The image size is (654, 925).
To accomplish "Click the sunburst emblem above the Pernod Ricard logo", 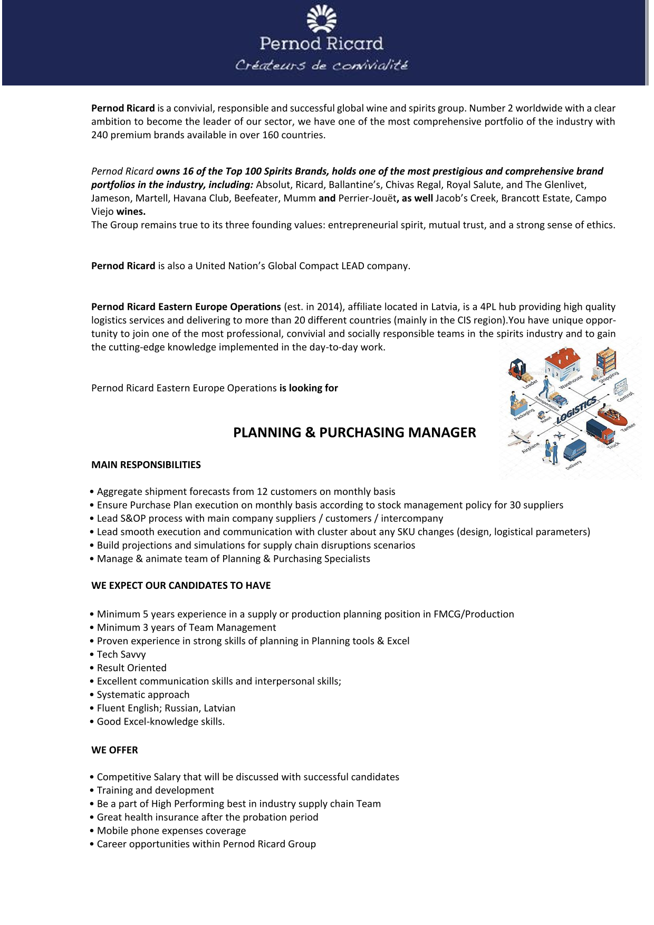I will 322,19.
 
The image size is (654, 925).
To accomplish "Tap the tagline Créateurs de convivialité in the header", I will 321,65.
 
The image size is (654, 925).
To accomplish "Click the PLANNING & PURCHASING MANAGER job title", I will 354,433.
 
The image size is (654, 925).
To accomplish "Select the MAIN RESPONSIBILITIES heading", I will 146,465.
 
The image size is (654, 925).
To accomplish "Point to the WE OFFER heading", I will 114,750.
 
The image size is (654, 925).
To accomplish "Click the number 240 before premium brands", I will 99,135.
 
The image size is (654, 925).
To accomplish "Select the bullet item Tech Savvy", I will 121,655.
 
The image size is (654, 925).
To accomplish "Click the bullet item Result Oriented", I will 131,668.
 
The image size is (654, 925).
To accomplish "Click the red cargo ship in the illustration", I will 613,416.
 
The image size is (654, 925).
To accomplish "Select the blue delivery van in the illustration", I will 574,450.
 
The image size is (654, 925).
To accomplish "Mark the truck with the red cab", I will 600,431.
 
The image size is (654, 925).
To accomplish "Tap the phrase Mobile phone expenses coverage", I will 171,831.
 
